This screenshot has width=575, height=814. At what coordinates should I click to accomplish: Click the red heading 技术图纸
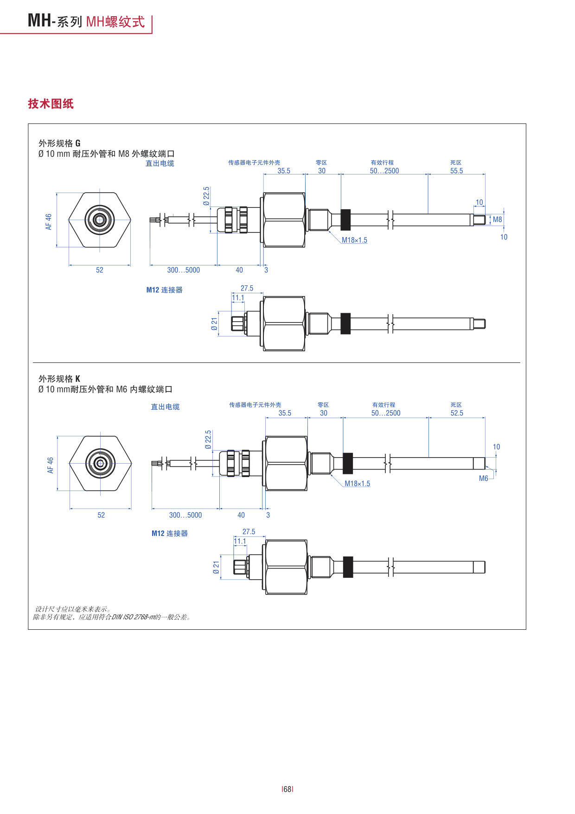pos(51,103)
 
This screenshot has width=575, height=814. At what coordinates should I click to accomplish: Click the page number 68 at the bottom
pos(287,789)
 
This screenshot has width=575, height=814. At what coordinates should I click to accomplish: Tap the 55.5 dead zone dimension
pos(456,171)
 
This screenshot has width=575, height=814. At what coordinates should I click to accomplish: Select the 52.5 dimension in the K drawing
pos(457,413)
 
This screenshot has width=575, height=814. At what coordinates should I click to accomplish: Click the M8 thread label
pos(497,220)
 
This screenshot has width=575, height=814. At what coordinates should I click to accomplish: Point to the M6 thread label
pos(483,478)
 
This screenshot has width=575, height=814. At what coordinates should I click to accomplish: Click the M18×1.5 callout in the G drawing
pos(354,240)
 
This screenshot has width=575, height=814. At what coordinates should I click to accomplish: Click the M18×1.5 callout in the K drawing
pos(357,484)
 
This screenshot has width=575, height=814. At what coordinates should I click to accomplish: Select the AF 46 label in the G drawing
pos(49,221)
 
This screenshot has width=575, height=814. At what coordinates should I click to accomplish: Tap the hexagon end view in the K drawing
pos(100,463)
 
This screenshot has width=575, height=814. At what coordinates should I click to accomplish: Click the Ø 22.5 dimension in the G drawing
pos(206,196)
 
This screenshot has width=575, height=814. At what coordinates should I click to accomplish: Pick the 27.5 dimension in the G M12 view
pos(247,288)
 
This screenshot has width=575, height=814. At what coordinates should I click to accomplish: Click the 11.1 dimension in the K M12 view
pos(240,541)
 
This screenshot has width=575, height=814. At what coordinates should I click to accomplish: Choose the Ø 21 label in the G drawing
pos(214,324)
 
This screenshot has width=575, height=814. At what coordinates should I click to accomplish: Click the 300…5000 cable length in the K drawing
pos(185,515)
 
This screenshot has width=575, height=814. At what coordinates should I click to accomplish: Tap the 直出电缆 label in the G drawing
pos(160,163)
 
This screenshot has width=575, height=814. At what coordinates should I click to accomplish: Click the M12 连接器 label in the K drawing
pos(170,533)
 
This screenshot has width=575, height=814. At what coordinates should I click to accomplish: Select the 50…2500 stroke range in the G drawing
pos(384,171)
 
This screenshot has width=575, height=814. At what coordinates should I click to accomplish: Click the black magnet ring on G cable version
pos(345,220)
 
